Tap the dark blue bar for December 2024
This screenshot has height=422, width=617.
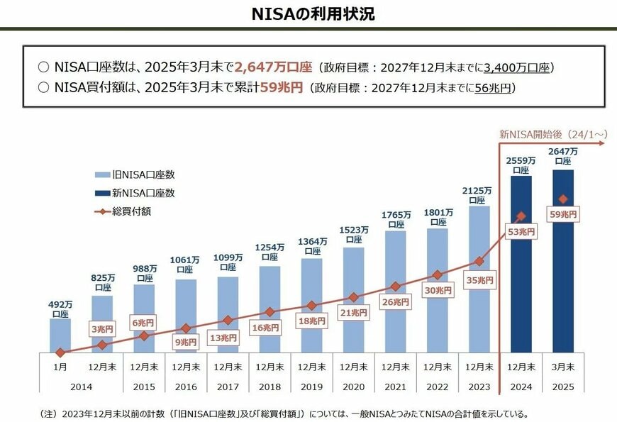[x=521, y=284]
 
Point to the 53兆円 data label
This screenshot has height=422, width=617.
[x=521, y=232]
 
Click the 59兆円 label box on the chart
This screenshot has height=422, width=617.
[x=563, y=214]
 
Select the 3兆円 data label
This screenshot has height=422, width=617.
[x=102, y=328]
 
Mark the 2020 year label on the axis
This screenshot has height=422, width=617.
[x=353, y=387]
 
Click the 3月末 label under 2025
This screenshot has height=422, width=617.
[x=563, y=367]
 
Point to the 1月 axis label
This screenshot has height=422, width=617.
[x=60, y=367]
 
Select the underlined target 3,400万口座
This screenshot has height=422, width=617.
[x=516, y=68]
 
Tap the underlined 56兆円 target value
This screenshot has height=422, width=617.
[x=491, y=89]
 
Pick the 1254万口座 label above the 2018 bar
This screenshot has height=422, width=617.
[x=269, y=252]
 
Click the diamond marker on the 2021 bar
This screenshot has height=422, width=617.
[x=395, y=287]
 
